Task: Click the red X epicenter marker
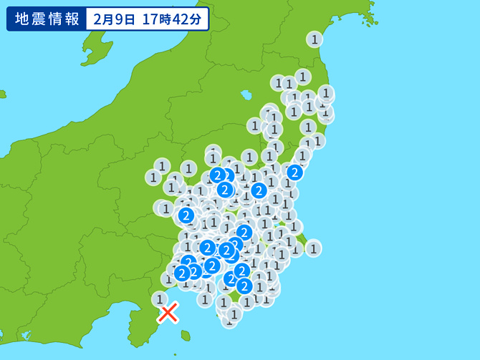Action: click(x=168, y=313)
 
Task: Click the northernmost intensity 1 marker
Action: click(x=315, y=39)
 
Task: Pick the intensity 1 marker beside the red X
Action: click(x=160, y=299)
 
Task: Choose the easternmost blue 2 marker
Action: click(x=294, y=172)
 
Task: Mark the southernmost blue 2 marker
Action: click(x=244, y=286)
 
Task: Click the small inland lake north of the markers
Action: click(x=246, y=94)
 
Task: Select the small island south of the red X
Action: click(x=186, y=335)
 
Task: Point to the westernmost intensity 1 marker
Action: click(x=153, y=177)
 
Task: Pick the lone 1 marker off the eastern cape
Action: click(x=313, y=248)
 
